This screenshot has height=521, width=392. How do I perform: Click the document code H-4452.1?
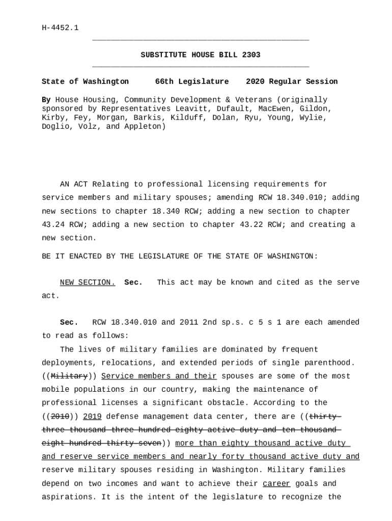point(60,28)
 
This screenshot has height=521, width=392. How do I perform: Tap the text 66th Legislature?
point(192,81)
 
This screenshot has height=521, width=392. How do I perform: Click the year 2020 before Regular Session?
point(256,81)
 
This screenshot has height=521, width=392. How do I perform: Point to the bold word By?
point(46,100)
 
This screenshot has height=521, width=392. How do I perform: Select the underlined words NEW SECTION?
point(88,282)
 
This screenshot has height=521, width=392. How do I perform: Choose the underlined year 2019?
point(92,416)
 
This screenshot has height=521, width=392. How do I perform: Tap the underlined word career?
point(276,483)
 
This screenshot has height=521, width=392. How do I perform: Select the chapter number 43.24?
point(52,224)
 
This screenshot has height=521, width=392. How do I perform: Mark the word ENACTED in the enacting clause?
point(83,256)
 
